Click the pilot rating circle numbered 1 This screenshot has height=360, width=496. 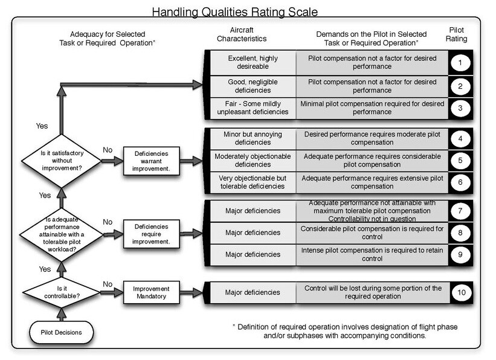tap(460, 63)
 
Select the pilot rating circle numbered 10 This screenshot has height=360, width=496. tap(461, 292)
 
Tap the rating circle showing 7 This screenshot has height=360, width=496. tap(460, 211)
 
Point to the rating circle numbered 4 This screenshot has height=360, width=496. tap(460, 139)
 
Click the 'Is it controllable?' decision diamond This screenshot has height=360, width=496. tap(62, 292)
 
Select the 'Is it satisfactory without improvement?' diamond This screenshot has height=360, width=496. tap(62, 161)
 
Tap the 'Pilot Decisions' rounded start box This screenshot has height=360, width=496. tap(62, 332)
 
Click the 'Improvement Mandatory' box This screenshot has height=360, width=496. tap(151, 292)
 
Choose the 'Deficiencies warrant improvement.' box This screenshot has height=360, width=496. tap(151, 161)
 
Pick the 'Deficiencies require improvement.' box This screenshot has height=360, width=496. tap(151, 234)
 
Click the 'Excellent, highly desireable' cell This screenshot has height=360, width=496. tap(253, 63)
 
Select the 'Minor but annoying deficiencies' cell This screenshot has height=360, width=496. tap(253, 138)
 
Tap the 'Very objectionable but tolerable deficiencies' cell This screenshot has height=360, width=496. tap(253, 182)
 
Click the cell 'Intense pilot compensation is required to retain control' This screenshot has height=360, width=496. tap(372, 255)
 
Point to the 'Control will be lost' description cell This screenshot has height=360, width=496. tap(373, 292)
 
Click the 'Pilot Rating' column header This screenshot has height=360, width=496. tap(457, 34)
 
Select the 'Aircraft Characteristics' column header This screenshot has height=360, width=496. tap(242, 34)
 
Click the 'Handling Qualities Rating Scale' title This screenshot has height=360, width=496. tap(235, 12)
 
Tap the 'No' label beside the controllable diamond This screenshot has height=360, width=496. tap(108, 284)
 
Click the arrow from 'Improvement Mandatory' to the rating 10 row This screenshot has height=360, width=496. tap(191, 292)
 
